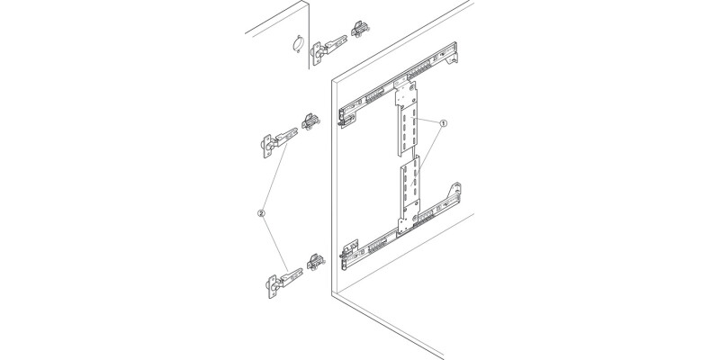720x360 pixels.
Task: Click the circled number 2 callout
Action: [260, 214]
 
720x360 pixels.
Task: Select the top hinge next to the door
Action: [328, 47]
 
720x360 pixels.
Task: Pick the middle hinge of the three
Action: [277, 141]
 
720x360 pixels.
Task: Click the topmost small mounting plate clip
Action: [361, 29]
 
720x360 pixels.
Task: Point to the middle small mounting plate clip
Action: [310, 121]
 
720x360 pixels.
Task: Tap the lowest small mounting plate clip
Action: [315, 262]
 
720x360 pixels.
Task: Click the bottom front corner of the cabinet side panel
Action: [332, 293]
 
